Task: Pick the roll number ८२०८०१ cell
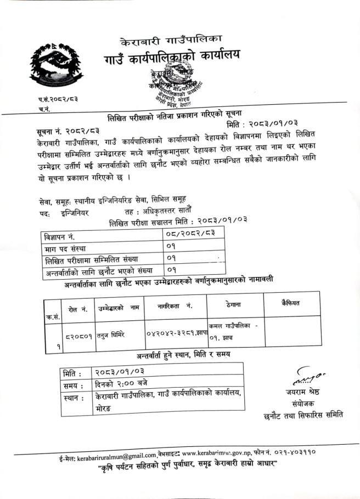pyautogui.click(x=77, y=331)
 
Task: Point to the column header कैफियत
pyautogui.click(x=290, y=303)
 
